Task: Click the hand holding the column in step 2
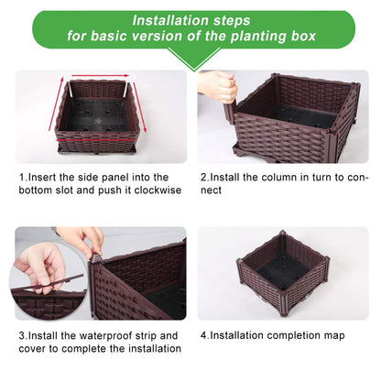tap(217, 86)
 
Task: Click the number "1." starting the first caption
tap(23, 177)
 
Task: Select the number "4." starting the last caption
tap(204, 335)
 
